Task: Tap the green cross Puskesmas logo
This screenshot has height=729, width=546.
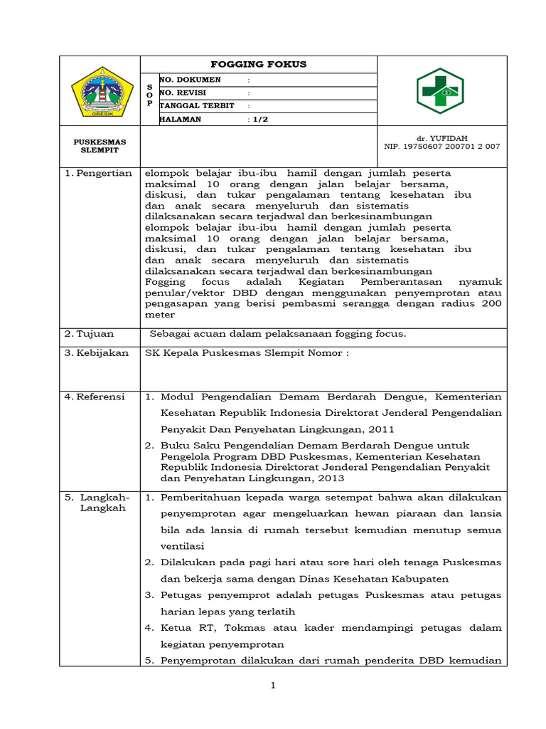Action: [440, 91]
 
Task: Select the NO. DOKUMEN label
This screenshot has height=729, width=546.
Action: [191, 80]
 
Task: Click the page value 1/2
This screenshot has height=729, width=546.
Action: [259, 120]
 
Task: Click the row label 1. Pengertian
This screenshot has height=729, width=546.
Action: [99, 173]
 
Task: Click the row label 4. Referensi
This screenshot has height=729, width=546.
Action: [95, 397]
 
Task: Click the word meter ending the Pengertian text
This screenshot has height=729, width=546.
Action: [158, 314]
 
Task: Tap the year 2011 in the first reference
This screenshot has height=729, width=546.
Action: [380, 429]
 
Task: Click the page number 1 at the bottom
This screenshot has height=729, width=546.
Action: [272, 686]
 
